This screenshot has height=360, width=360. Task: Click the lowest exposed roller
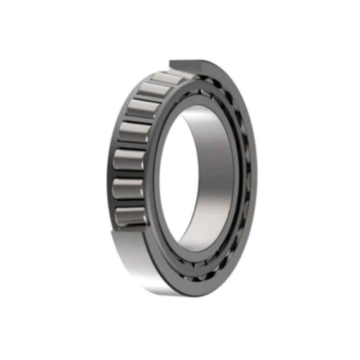click(x=130, y=216)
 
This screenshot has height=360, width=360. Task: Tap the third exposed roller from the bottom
click(x=129, y=159)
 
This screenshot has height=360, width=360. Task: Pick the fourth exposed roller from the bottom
click(x=134, y=132)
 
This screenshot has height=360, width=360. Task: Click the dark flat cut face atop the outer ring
click(x=187, y=66)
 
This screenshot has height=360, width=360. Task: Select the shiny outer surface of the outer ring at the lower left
click(x=135, y=261)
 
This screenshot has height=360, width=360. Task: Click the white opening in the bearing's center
click(x=173, y=180)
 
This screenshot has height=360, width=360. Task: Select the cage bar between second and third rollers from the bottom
click(x=128, y=174)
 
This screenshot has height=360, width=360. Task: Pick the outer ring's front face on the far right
click(x=254, y=180)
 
